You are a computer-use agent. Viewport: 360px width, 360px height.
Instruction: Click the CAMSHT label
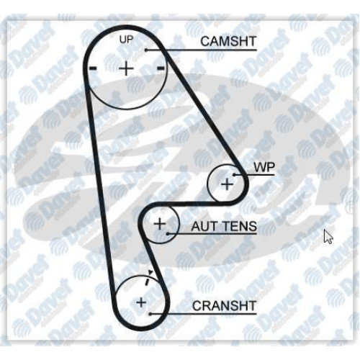tap(228, 41)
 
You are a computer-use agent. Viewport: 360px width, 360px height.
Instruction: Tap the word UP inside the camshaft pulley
tap(126, 40)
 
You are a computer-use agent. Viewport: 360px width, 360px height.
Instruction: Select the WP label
tap(264, 167)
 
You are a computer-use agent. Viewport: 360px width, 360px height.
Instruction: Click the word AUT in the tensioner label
tap(203, 226)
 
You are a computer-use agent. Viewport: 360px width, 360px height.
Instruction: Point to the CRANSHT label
tap(224, 306)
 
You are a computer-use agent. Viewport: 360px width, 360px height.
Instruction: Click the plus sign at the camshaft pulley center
tap(126, 68)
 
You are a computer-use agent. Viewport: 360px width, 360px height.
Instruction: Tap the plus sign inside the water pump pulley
tap(227, 184)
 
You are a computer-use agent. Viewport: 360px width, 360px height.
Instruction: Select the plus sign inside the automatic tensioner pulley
tap(160, 225)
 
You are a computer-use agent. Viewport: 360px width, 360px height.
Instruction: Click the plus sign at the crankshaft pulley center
tap(141, 302)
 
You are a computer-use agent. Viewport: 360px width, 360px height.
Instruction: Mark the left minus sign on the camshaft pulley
tap(93, 68)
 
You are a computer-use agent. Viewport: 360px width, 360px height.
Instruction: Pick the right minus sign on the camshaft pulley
tap(161, 68)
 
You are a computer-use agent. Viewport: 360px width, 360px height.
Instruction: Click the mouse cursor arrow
tap(328, 237)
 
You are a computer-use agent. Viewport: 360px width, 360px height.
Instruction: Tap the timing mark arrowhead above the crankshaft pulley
tap(150, 272)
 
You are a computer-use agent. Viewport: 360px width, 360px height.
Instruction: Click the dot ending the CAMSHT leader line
tap(145, 50)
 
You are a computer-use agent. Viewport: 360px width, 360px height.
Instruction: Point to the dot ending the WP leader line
tap(234, 174)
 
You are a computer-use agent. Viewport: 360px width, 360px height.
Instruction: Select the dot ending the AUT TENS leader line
tap(168, 233)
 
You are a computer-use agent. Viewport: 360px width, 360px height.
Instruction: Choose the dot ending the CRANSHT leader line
tap(150, 313)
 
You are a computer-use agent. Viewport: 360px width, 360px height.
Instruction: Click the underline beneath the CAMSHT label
tap(201, 50)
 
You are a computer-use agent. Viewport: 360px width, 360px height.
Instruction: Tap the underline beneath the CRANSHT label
tap(203, 313)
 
